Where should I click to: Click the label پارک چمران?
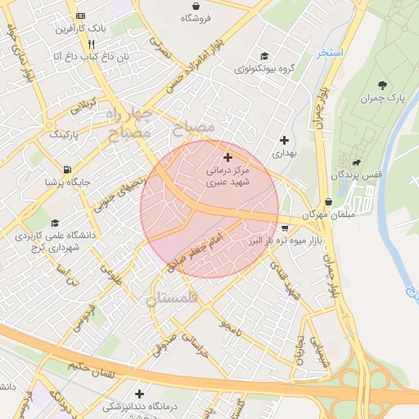(x=382, y=99)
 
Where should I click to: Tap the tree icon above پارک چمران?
(x=382, y=84)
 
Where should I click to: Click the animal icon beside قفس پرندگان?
(x=354, y=161)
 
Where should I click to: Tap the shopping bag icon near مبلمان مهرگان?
(x=328, y=201)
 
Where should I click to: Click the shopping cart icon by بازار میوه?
(x=284, y=228)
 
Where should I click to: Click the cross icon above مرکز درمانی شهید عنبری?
(x=228, y=156)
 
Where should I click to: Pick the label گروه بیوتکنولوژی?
(x=264, y=69)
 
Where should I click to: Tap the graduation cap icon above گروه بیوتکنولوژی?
(x=264, y=56)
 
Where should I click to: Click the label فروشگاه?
(x=196, y=17)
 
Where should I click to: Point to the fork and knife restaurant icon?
(x=92, y=44)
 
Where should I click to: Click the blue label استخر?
(x=330, y=52)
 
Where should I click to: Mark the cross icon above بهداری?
(x=283, y=140)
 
